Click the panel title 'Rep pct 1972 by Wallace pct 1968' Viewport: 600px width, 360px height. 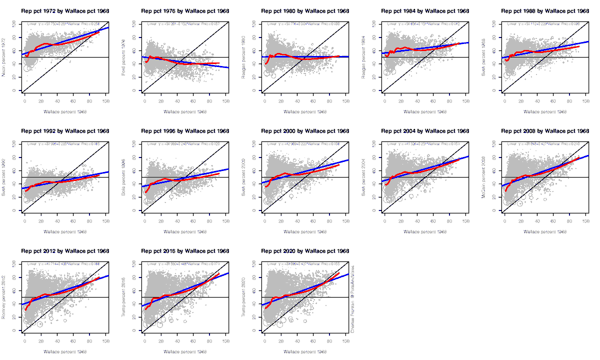click(65, 11)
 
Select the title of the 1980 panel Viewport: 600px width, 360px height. click(305, 11)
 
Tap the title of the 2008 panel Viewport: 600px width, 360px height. click(545, 131)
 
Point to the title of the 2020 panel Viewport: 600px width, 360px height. click(305, 251)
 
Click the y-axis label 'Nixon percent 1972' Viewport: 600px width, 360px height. click(4, 57)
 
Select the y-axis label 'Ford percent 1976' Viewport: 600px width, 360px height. click(124, 57)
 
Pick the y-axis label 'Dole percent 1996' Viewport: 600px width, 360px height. click(124, 177)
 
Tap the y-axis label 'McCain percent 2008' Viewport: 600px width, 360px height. click(484, 177)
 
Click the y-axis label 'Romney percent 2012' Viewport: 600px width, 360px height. click(4, 297)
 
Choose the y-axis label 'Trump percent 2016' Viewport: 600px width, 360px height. click(124, 297)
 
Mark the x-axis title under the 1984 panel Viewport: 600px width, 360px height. click(425, 111)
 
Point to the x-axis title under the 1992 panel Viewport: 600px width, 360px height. click(65, 231)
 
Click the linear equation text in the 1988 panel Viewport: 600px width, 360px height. click(545, 23)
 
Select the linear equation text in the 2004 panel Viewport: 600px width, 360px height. click(425, 143)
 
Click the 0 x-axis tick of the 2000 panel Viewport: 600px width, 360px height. click(265, 220)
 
